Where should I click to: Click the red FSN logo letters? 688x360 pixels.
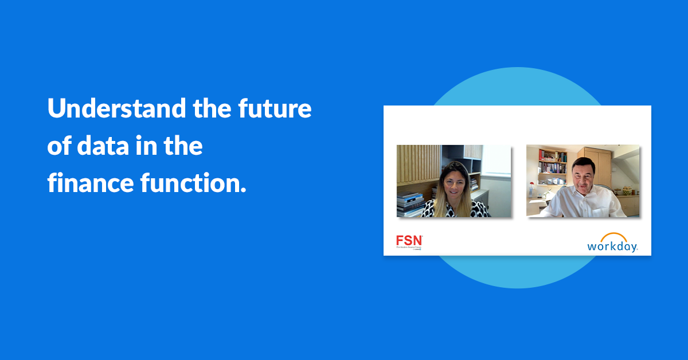click(409, 240)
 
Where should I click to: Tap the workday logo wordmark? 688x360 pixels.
click(612, 246)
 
